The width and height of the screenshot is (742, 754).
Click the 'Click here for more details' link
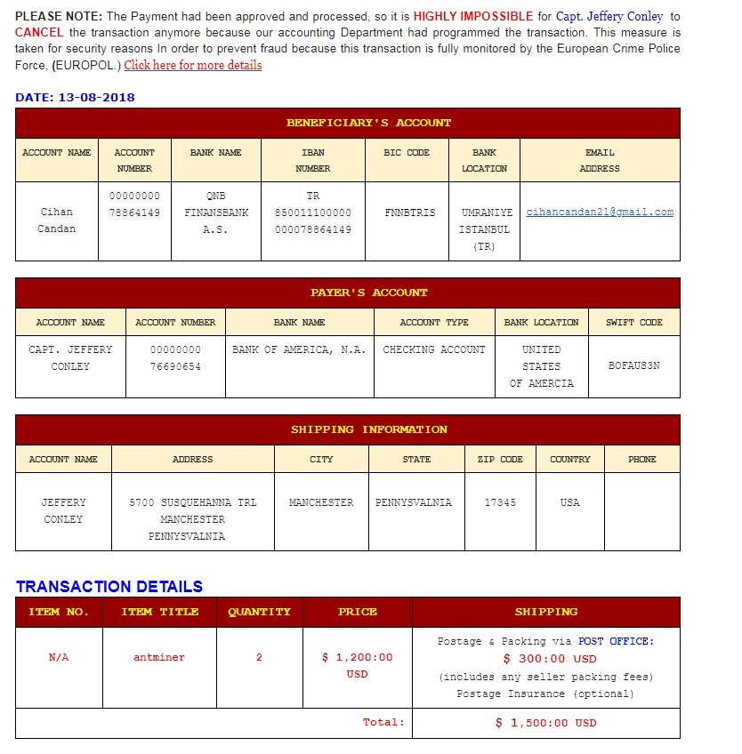(193, 65)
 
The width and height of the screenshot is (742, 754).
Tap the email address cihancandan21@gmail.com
(600, 213)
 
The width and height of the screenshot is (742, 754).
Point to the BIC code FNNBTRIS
(410, 213)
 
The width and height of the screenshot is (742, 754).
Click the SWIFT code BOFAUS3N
(633, 365)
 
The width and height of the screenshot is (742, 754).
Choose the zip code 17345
(500, 502)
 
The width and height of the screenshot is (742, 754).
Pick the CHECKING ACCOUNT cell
(434, 349)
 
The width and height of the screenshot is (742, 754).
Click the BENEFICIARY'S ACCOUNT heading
(368, 123)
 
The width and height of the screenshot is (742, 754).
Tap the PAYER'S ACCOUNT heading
(368, 293)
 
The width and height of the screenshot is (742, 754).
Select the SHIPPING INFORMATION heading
(368, 429)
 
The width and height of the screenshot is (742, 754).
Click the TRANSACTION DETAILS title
(109, 586)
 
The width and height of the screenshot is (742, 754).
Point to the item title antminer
(159, 657)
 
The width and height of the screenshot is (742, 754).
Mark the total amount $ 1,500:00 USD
(545, 723)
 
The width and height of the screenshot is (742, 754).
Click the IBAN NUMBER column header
(313, 160)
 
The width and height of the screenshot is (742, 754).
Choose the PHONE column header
(641, 459)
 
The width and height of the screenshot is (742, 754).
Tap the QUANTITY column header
(259, 612)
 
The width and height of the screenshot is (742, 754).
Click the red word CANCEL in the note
(39, 32)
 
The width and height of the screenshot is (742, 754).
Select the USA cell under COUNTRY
(570, 502)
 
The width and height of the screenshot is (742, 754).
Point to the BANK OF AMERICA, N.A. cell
(299, 349)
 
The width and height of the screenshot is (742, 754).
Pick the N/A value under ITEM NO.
(59, 657)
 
